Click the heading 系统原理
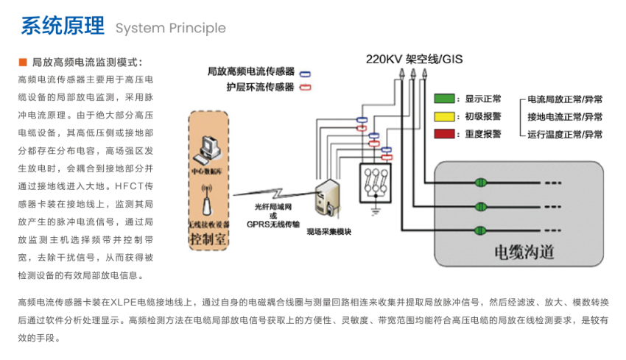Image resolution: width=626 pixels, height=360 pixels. coord(63,27)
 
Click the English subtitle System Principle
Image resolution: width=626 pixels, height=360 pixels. coord(170,29)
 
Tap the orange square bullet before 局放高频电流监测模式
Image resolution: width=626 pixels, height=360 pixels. coord(21,63)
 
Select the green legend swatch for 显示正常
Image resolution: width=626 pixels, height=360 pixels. coord(443,99)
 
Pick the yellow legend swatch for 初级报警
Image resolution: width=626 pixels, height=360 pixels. coord(443,116)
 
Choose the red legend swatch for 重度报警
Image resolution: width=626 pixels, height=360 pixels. coord(443,134)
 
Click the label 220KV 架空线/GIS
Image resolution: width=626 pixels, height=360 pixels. coord(414,59)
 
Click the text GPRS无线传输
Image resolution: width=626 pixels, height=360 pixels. coord(272,225)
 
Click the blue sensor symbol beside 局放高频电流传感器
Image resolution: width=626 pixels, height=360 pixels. coord(303,72)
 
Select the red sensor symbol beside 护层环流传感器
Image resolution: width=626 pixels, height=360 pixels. coord(303,87)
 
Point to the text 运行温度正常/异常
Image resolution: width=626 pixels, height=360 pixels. coord(564,135)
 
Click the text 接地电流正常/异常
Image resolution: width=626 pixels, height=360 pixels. coord(564,117)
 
